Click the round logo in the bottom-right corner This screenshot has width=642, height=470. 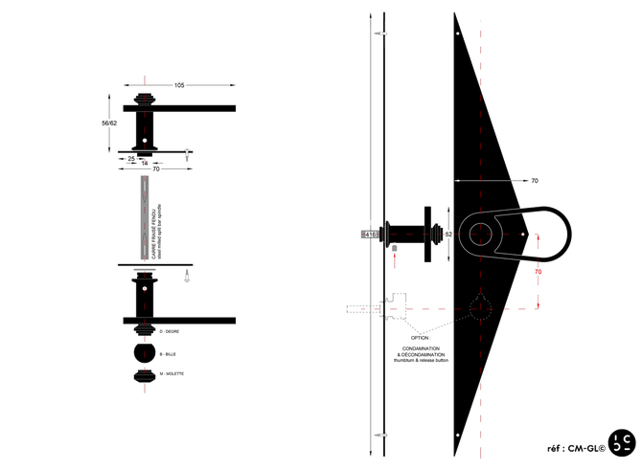pos(624,442)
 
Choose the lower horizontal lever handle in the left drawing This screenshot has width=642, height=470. pos(182,319)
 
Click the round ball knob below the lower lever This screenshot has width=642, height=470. pos(146,353)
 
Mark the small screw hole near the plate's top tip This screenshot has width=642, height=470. pos(456,38)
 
